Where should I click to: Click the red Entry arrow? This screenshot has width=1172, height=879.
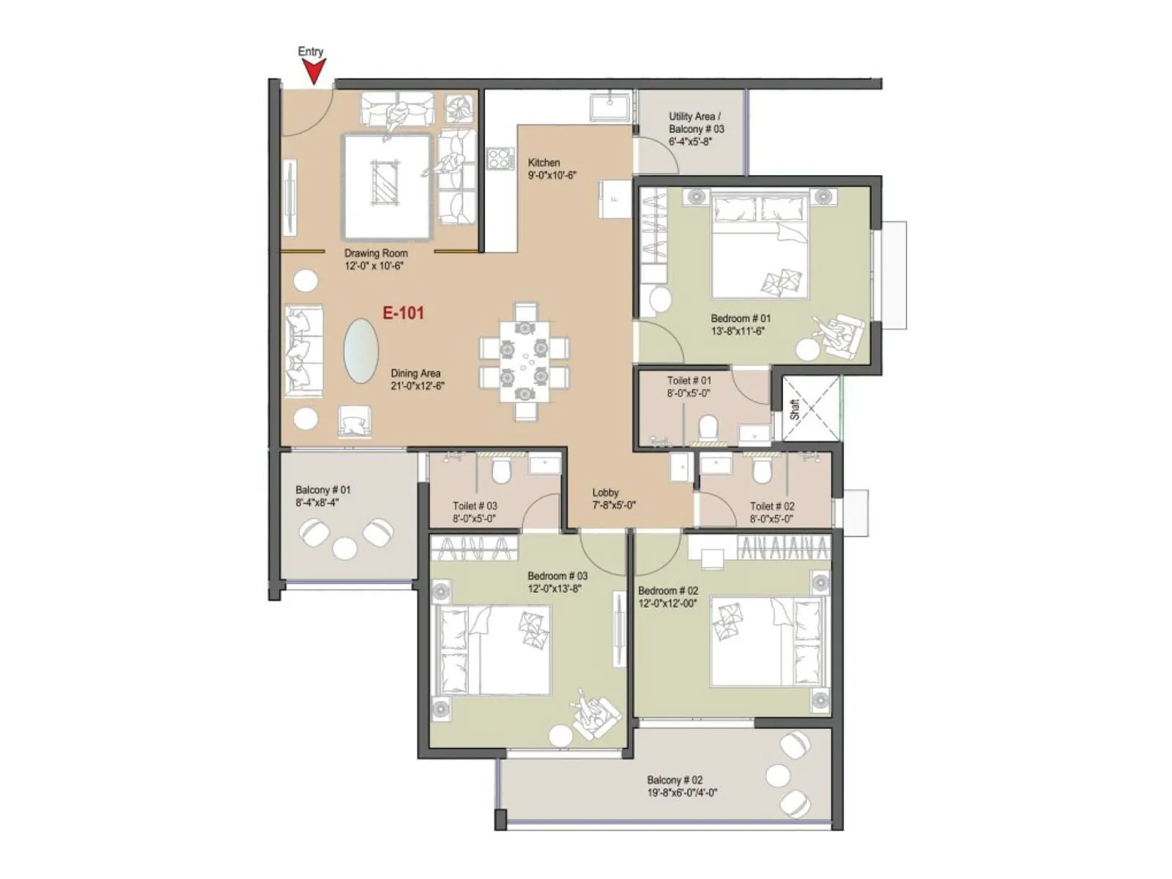(x=314, y=72)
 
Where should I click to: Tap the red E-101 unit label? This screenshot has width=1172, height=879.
(x=404, y=313)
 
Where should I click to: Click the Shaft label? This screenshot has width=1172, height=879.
(x=795, y=409)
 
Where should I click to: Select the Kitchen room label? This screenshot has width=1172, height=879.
(x=544, y=163)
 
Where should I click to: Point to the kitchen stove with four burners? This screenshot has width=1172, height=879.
(x=501, y=158)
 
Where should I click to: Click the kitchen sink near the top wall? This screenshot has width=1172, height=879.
(x=610, y=106)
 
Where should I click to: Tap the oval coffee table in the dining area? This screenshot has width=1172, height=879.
(x=361, y=351)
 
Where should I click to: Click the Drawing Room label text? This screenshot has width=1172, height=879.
(x=376, y=253)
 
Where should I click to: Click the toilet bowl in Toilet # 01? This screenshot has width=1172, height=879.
(x=708, y=426)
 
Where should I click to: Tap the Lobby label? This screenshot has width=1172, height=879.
(x=606, y=493)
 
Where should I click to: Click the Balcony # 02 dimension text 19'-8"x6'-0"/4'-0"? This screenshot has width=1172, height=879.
(x=681, y=793)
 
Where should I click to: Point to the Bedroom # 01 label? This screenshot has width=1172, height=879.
(x=741, y=319)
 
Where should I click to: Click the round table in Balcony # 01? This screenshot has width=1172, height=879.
(x=344, y=548)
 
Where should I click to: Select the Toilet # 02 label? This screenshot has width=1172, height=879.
(x=772, y=506)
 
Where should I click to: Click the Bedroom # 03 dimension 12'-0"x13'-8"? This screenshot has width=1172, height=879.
(x=555, y=588)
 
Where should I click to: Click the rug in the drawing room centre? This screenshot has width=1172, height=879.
(x=386, y=186)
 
